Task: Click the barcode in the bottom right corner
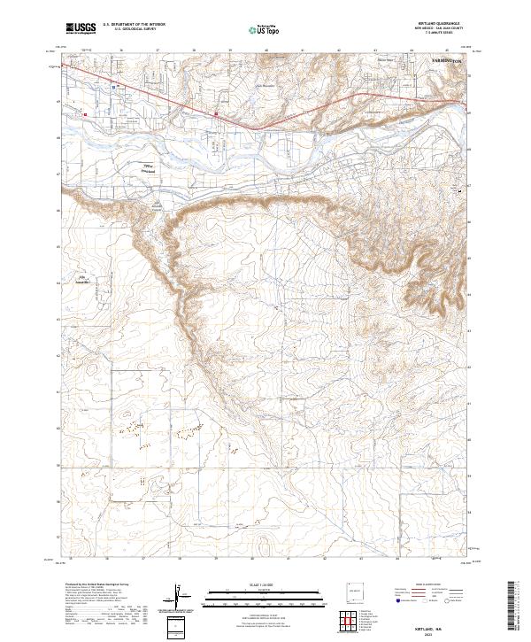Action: pyautogui.click(x=512, y=607)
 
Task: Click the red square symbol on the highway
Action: pyautogui.click(x=216, y=113)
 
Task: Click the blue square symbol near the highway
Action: pyautogui.click(x=115, y=86)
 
